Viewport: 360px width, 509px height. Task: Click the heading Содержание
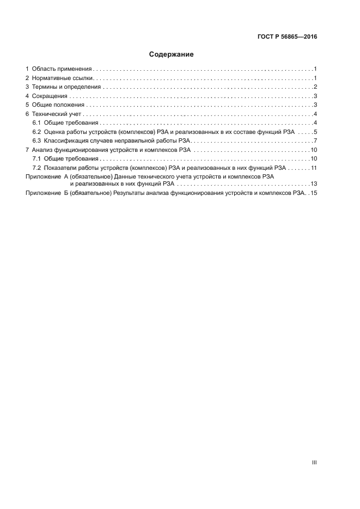(172, 54)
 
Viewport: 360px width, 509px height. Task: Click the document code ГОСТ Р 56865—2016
(287, 38)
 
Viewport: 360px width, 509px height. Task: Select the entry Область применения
(61, 69)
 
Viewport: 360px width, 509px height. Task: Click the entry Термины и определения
(66, 87)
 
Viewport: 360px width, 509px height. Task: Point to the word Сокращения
(49, 96)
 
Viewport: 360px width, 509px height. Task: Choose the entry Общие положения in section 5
(58, 105)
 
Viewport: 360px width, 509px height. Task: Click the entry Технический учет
(56, 114)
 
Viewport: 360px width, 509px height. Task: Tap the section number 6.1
(37, 122)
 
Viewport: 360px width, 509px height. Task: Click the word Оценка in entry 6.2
(55, 132)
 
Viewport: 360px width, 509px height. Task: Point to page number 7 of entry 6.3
(315, 140)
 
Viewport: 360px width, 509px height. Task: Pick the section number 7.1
(37, 158)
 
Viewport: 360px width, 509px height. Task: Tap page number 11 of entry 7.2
(314, 167)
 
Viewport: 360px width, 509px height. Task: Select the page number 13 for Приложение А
(314, 184)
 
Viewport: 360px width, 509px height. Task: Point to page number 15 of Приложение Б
(314, 193)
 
